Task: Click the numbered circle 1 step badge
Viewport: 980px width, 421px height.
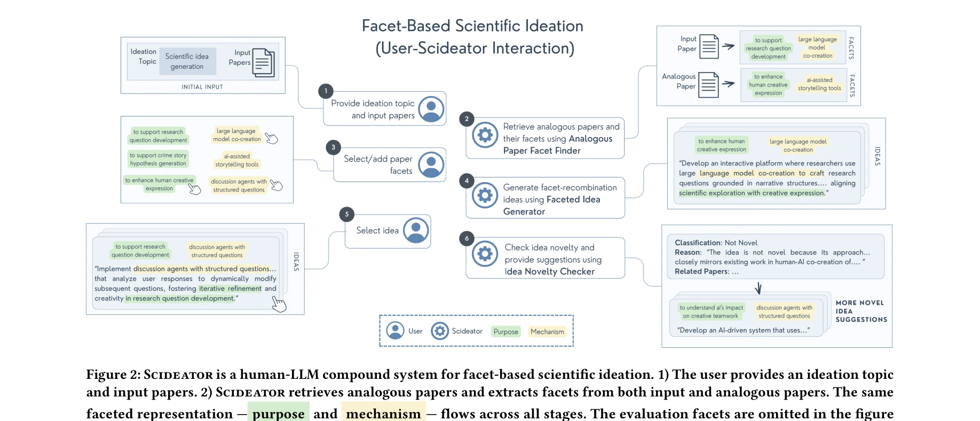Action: [326, 91]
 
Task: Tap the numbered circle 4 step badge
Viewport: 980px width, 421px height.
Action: [467, 180]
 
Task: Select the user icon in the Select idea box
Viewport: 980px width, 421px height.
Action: [416, 231]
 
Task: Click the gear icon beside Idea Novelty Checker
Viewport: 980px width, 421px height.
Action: [485, 254]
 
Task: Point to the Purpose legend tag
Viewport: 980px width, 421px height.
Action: [505, 331]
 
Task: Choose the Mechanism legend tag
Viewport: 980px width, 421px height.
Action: [547, 331]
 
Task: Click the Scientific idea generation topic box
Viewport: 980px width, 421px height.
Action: [187, 61]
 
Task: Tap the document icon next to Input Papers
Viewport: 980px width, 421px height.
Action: [263, 62]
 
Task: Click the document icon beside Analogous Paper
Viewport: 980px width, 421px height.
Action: [709, 85]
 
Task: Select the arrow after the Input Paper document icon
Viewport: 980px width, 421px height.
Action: [729, 46]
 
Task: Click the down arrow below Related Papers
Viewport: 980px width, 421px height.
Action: [758, 288]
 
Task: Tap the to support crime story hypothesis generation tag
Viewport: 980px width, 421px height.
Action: [158, 159]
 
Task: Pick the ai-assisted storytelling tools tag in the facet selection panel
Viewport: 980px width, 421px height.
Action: [237, 160]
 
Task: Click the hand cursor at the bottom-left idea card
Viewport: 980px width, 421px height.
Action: [279, 304]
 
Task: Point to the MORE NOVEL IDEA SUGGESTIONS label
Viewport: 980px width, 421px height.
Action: [860, 311]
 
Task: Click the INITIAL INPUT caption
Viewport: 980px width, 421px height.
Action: [202, 87]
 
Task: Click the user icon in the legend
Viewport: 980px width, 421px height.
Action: [395, 331]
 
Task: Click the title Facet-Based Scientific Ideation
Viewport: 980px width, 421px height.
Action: [472, 26]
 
